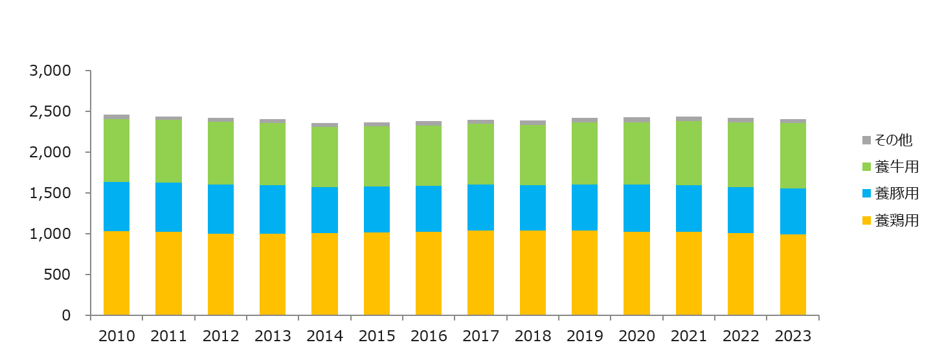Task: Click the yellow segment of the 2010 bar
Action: point(117,273)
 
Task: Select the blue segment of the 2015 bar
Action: point(377,209)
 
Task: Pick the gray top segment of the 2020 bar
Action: point(636,120)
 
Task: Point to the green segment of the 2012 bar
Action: point(221,153)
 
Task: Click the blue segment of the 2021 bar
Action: point(689,208)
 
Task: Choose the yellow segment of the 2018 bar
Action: point(533,273)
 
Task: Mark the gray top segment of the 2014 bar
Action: point(324,125)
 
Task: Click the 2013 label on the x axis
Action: point(273,336)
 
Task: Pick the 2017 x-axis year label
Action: point(480,336)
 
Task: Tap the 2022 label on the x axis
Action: point(741,336)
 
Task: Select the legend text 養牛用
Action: point(896,167)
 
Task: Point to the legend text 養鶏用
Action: point(896,221)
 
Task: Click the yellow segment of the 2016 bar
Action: point(429,273)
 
